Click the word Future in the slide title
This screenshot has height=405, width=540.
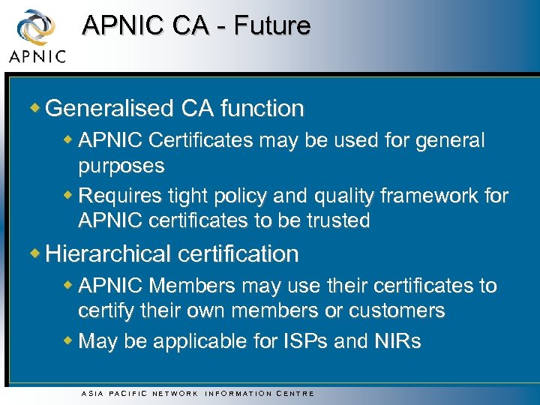[x=272, y=25]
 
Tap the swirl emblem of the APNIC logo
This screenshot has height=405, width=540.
[x=34, y=28]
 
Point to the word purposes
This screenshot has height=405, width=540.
[x=121, y=165]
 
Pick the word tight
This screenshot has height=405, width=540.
[x=174, y=196]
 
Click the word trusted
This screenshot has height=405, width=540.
[x=330, y=220]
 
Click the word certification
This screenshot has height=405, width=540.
[x=240, y=254]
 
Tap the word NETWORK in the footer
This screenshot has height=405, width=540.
[x=175, y=393]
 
